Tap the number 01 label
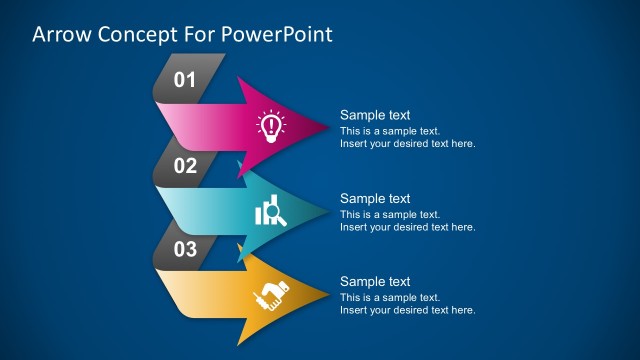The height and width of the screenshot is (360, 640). (185, 80)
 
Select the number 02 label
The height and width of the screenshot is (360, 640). (185, 166)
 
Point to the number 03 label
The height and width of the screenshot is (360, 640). (185, 250)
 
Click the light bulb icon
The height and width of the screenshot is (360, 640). (270, 126)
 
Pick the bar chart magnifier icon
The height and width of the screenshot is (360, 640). (270, 211)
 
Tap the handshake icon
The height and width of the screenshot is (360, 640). (270, 294)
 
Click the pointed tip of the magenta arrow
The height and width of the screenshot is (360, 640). (327, 126)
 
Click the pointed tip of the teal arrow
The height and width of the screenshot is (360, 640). (327, 210)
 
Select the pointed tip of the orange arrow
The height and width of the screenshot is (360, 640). (327, 294)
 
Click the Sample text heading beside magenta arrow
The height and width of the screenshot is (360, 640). (375, 115)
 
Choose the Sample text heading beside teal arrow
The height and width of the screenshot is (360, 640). (375, 199)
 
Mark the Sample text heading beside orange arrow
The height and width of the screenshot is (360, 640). (375, 282)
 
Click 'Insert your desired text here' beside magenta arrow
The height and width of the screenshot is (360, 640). (407, 144)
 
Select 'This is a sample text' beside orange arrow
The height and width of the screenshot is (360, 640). (390, 297)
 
